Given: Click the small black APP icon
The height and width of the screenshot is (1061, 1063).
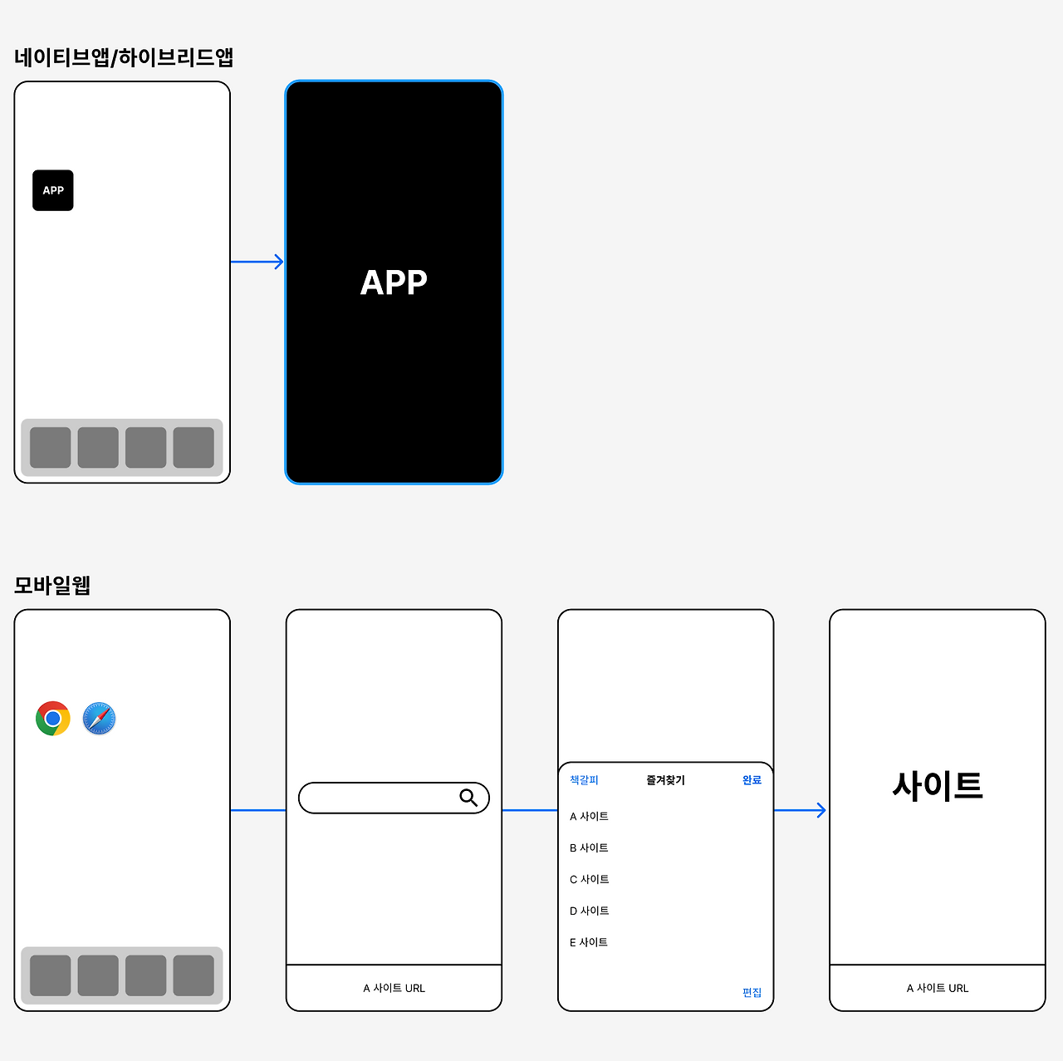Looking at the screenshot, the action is pos(53,190).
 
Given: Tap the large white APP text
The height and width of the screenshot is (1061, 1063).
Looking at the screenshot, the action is pos(394,282).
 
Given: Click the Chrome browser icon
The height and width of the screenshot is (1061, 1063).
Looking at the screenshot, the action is pos(53,719).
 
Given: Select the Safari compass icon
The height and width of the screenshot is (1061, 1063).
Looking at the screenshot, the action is pos(99,719).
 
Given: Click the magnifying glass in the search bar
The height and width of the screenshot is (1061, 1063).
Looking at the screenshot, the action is pos(468,798).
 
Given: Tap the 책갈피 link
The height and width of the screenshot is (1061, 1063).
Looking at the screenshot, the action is pos(584,780).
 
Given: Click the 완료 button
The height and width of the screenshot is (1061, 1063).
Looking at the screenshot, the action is pos(752,780).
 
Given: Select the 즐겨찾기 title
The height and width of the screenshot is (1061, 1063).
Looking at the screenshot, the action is pos(665,780).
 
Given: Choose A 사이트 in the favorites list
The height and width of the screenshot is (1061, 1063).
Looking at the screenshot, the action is pos(589,817).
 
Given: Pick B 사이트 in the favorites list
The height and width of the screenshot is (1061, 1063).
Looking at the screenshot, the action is pos(589,848).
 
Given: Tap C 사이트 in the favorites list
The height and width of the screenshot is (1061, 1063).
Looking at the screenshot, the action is pos(589,880).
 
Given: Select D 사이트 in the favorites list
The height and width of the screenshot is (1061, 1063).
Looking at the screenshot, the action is pos(589,911).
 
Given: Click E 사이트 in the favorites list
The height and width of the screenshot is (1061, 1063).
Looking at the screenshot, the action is pos(589,943).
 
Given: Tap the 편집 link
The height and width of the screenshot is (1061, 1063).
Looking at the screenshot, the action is pos(752,993).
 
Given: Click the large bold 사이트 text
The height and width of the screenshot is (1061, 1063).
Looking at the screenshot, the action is pos(938,785).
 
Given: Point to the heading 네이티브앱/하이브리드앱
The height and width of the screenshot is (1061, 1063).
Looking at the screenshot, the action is pos(124,57).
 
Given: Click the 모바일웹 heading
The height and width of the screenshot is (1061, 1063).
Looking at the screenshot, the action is pos(52,585).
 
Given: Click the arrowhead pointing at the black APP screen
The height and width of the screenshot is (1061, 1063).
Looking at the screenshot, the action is pos(279,262).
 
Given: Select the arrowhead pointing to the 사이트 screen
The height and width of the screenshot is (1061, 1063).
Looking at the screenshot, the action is pos(821,810).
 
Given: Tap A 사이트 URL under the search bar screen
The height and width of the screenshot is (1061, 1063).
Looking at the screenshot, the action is pos(394,989).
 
